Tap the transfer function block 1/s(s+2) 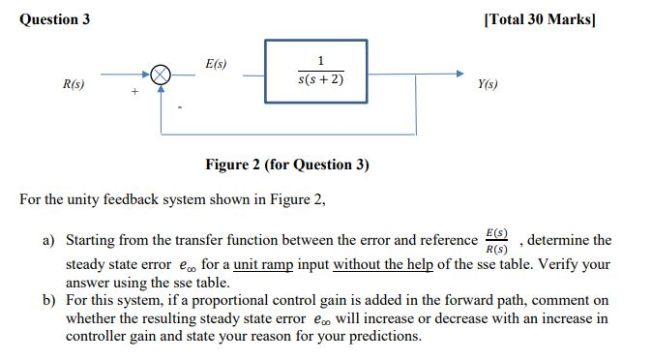pyautogui.click(x=317, y=69)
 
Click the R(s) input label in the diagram pyautogui.click(x=73, y=86)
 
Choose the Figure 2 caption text pyautogui.click(x=287, y=164)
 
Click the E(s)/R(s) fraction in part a pyautogui.click(x=498, y=240)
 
